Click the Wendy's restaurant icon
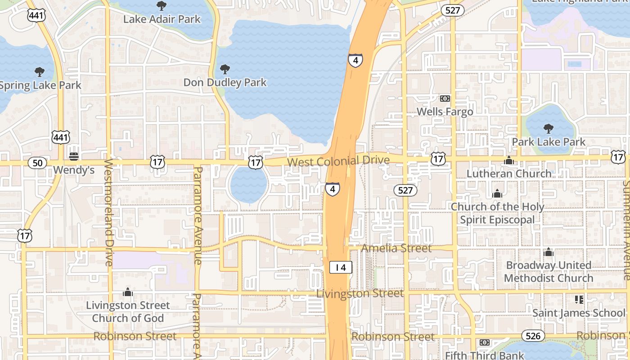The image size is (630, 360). point(74,156)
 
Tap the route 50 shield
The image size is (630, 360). point(37,163)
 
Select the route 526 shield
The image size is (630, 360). point(533,336)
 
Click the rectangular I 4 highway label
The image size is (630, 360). point(341,267)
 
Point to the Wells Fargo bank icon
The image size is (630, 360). point(445,99)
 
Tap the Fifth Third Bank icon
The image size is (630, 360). point(485,342)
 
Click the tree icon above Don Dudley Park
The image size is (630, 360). point(225,69)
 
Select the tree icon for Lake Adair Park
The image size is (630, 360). point(161,6)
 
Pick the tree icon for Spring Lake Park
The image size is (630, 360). point(40,72)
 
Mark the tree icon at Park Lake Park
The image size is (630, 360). point(548,129)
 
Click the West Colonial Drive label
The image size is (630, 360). point(338,161)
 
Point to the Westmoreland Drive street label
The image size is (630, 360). point(108,211)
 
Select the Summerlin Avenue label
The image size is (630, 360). point(626,229)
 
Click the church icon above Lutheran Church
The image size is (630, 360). point(509,160)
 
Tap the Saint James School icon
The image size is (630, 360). point(579,299)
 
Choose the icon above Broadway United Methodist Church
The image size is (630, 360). point(548,252)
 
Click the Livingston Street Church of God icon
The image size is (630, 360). point(128,292)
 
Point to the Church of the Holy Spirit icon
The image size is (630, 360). point(497,193)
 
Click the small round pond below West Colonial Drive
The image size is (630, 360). point(248,185)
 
